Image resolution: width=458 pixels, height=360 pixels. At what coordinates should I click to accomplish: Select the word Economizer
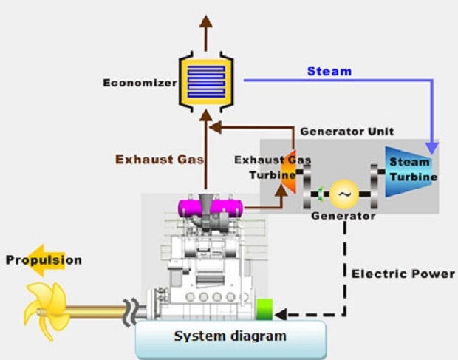tap(140, 81)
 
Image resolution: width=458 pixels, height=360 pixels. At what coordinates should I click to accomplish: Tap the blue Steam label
tap(329, 72)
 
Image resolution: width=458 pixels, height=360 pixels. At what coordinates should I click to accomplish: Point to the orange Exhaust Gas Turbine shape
tap(289, 180)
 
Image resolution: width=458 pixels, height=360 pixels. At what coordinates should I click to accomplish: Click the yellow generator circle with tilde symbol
tap(343, 194)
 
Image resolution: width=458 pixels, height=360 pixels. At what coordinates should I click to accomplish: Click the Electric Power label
tap(403, 274)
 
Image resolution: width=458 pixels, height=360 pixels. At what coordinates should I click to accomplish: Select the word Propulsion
tap(44, 260)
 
